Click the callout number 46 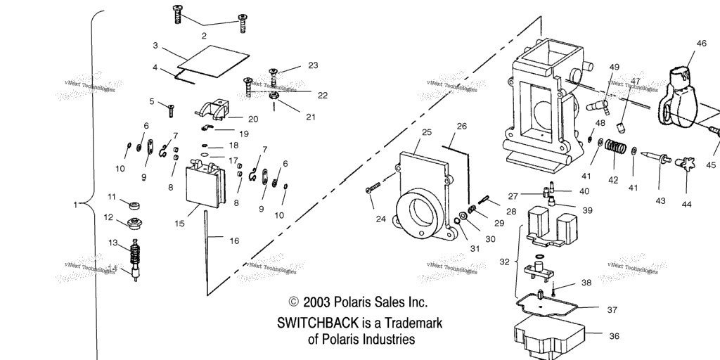(x=701, y=44)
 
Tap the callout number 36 (x=614, y=336)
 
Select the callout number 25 (x=426, y=132)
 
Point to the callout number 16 (x=234, y=240)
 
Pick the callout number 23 (x=313, y=65)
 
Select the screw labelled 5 (x=171, y=109)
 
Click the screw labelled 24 (x=373, y=187)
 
